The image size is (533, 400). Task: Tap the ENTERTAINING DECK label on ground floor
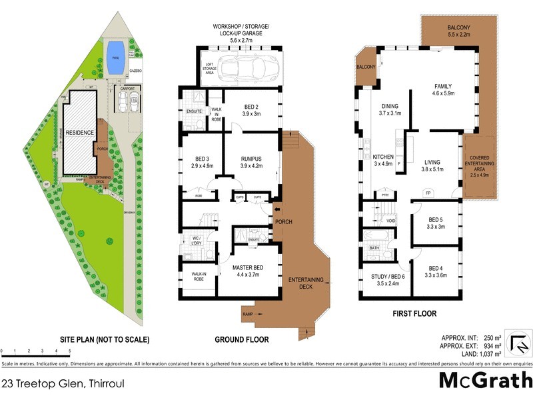(x=306, y=283)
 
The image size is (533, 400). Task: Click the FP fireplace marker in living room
(x=428, y=193)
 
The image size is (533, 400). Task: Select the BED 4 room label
(x=434, y=270)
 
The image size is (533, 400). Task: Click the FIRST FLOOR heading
(x=414, y=313)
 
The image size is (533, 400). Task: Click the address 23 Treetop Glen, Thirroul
(x=63, y=383)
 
